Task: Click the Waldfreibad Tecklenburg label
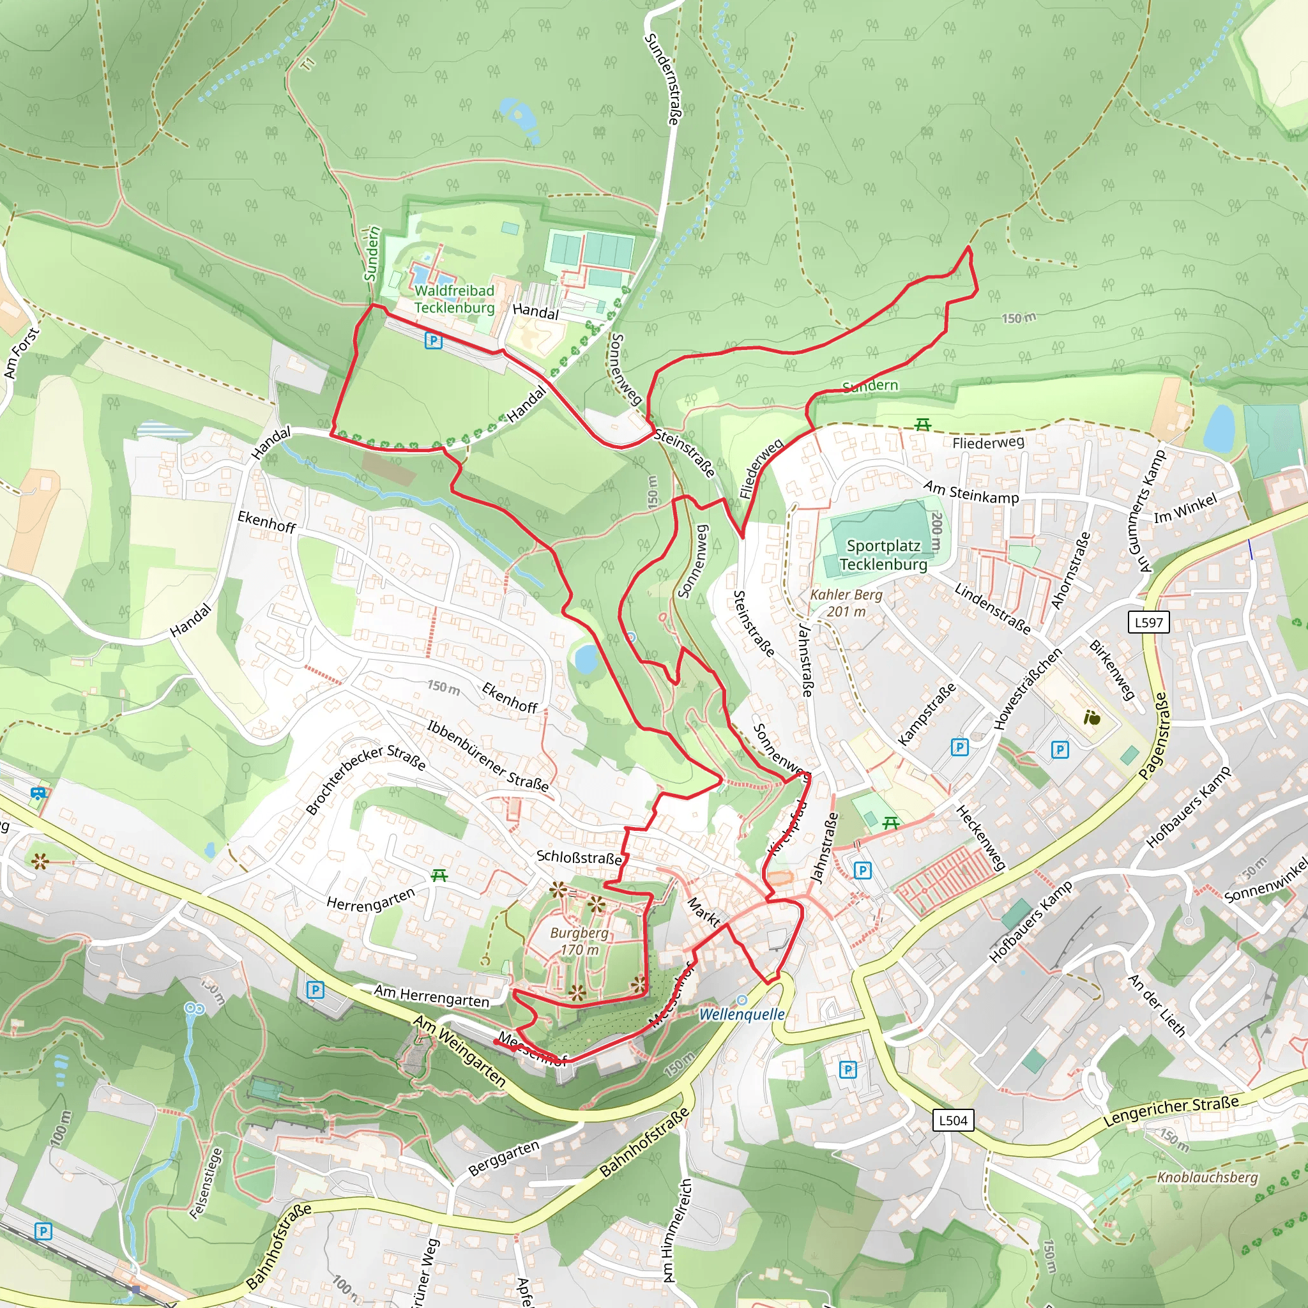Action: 454,298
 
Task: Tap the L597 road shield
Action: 1148,622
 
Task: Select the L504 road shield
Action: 954,1120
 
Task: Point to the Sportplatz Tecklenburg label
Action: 883,554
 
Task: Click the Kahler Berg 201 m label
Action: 846,602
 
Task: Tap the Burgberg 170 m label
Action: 579,940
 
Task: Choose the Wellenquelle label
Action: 741,1014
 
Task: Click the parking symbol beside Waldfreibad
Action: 433,340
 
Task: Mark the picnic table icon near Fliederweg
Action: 922,425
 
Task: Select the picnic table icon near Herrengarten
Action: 439,876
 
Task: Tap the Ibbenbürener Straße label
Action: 487,756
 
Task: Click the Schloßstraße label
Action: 579,857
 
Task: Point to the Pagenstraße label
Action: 1152,736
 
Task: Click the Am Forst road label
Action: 22,353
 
